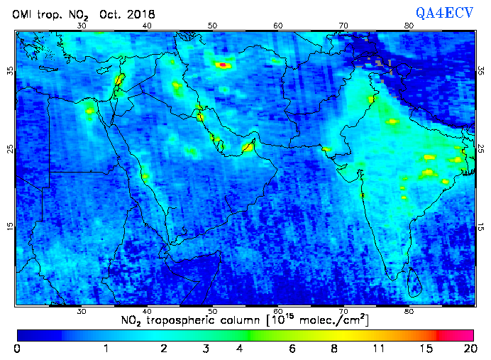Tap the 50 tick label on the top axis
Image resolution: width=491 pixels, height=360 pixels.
click(213, 26)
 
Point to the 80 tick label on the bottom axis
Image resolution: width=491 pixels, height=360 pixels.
click(409, 312)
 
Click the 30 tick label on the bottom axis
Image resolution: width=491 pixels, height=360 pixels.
click(82, 312)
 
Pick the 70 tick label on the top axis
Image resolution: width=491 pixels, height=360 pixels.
click(343, 26)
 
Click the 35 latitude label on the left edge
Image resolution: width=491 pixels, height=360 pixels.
click(10, 72)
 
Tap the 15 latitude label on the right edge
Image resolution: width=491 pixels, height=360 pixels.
click(481, 227)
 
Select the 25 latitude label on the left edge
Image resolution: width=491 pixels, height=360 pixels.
click(10, 149)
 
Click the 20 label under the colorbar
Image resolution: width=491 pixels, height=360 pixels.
click(468, 349)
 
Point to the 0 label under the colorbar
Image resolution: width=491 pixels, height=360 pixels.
click(16, 349)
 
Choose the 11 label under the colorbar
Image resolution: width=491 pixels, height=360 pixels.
click(380, 349)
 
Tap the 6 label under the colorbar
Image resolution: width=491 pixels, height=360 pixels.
click(292, 349)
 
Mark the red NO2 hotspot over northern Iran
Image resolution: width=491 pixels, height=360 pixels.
click(224, 65)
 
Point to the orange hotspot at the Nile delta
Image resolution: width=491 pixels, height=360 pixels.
click(90, 110)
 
